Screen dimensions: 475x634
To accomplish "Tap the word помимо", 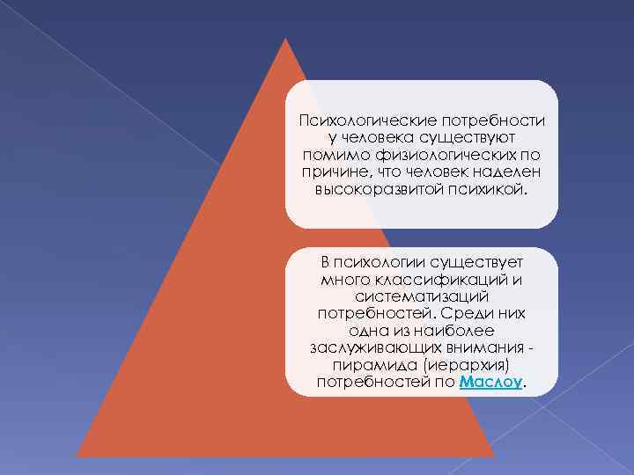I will (325, 155).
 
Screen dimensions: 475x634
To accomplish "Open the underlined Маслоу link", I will (491, 383).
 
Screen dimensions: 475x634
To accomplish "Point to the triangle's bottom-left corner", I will (77, 457).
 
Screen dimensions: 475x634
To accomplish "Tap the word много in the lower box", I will (347, 280).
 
